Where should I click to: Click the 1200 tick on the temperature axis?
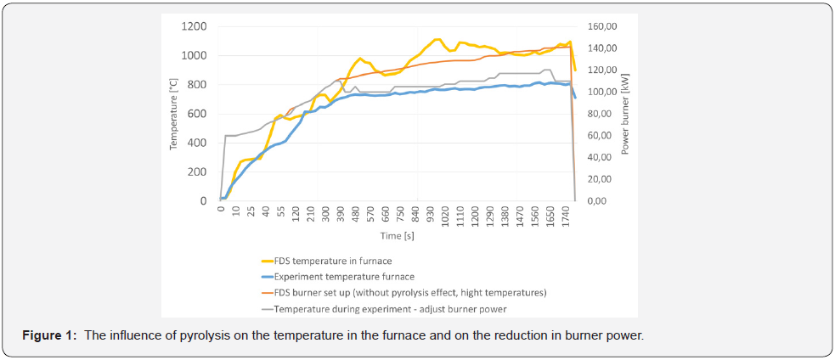tap(194, 26)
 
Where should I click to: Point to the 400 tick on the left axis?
tap(197, 143)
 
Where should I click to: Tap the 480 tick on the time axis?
tap(358, 217)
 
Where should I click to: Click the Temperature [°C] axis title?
tap(173, 114)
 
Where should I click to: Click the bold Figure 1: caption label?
tap(54, 335)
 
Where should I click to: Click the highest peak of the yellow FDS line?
tap(437, 39)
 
